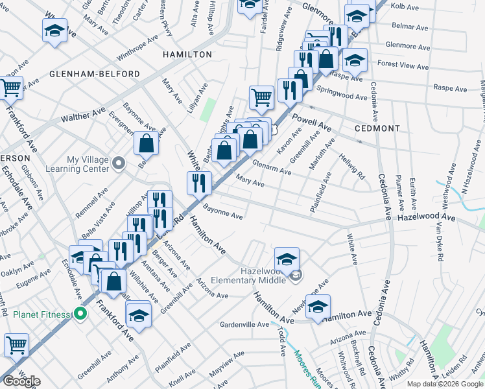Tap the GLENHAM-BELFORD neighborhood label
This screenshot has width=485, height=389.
click(95, 75)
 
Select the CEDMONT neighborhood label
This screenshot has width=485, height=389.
click(378, 128)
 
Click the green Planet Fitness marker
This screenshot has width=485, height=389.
click(80, 315)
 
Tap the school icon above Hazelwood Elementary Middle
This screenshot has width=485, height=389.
click(287, 258)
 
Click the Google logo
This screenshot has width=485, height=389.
click(21, 381)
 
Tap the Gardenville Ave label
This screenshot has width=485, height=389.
click(244, 324)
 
